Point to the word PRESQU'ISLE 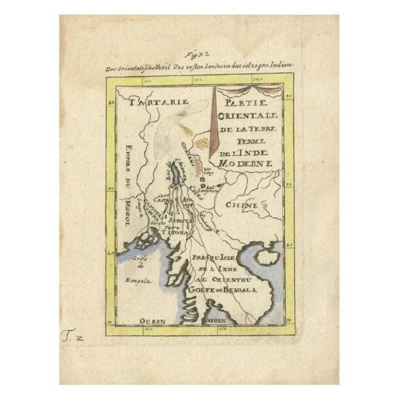point(213,257)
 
